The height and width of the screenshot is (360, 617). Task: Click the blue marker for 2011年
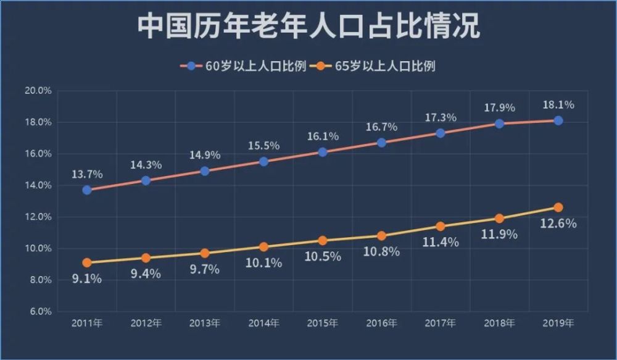pyautogui.click(x=87, y=190)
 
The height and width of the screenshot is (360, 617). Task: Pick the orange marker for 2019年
pyautogui.click(x=558, y=207)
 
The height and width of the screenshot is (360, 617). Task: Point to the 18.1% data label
pyautogui.click(x=558, y=105)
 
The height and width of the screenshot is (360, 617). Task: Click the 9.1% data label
pyautogui.click(x=87, y=278)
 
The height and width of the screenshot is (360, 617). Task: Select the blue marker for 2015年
pyautogui.click(x=323, y=152)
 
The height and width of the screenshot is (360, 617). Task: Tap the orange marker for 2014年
pyautogui.click(x=263, y=246)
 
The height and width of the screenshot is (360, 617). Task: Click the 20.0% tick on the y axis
pyautogui.click(x=38, y=91)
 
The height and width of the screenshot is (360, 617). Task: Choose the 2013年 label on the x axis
pyautogui.click(x=205, y=323)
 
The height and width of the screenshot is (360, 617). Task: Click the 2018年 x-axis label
pyautogui.click(x=499, y=323)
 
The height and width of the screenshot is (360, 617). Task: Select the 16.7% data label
pyautogui.click(x=381, y=127)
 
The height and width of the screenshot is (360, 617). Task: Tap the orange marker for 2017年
pyautogui.click(x=440, y=226)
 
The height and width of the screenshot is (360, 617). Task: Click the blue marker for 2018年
pyautogui.click(x=499, y=123)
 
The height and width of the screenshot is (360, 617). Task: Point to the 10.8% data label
pyautogui.click(x=381, y=252)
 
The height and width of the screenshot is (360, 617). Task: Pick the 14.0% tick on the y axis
pyautogui.click(x=38, y=185)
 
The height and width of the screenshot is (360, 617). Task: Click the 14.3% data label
pyautogui.click(x=146, y=165)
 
